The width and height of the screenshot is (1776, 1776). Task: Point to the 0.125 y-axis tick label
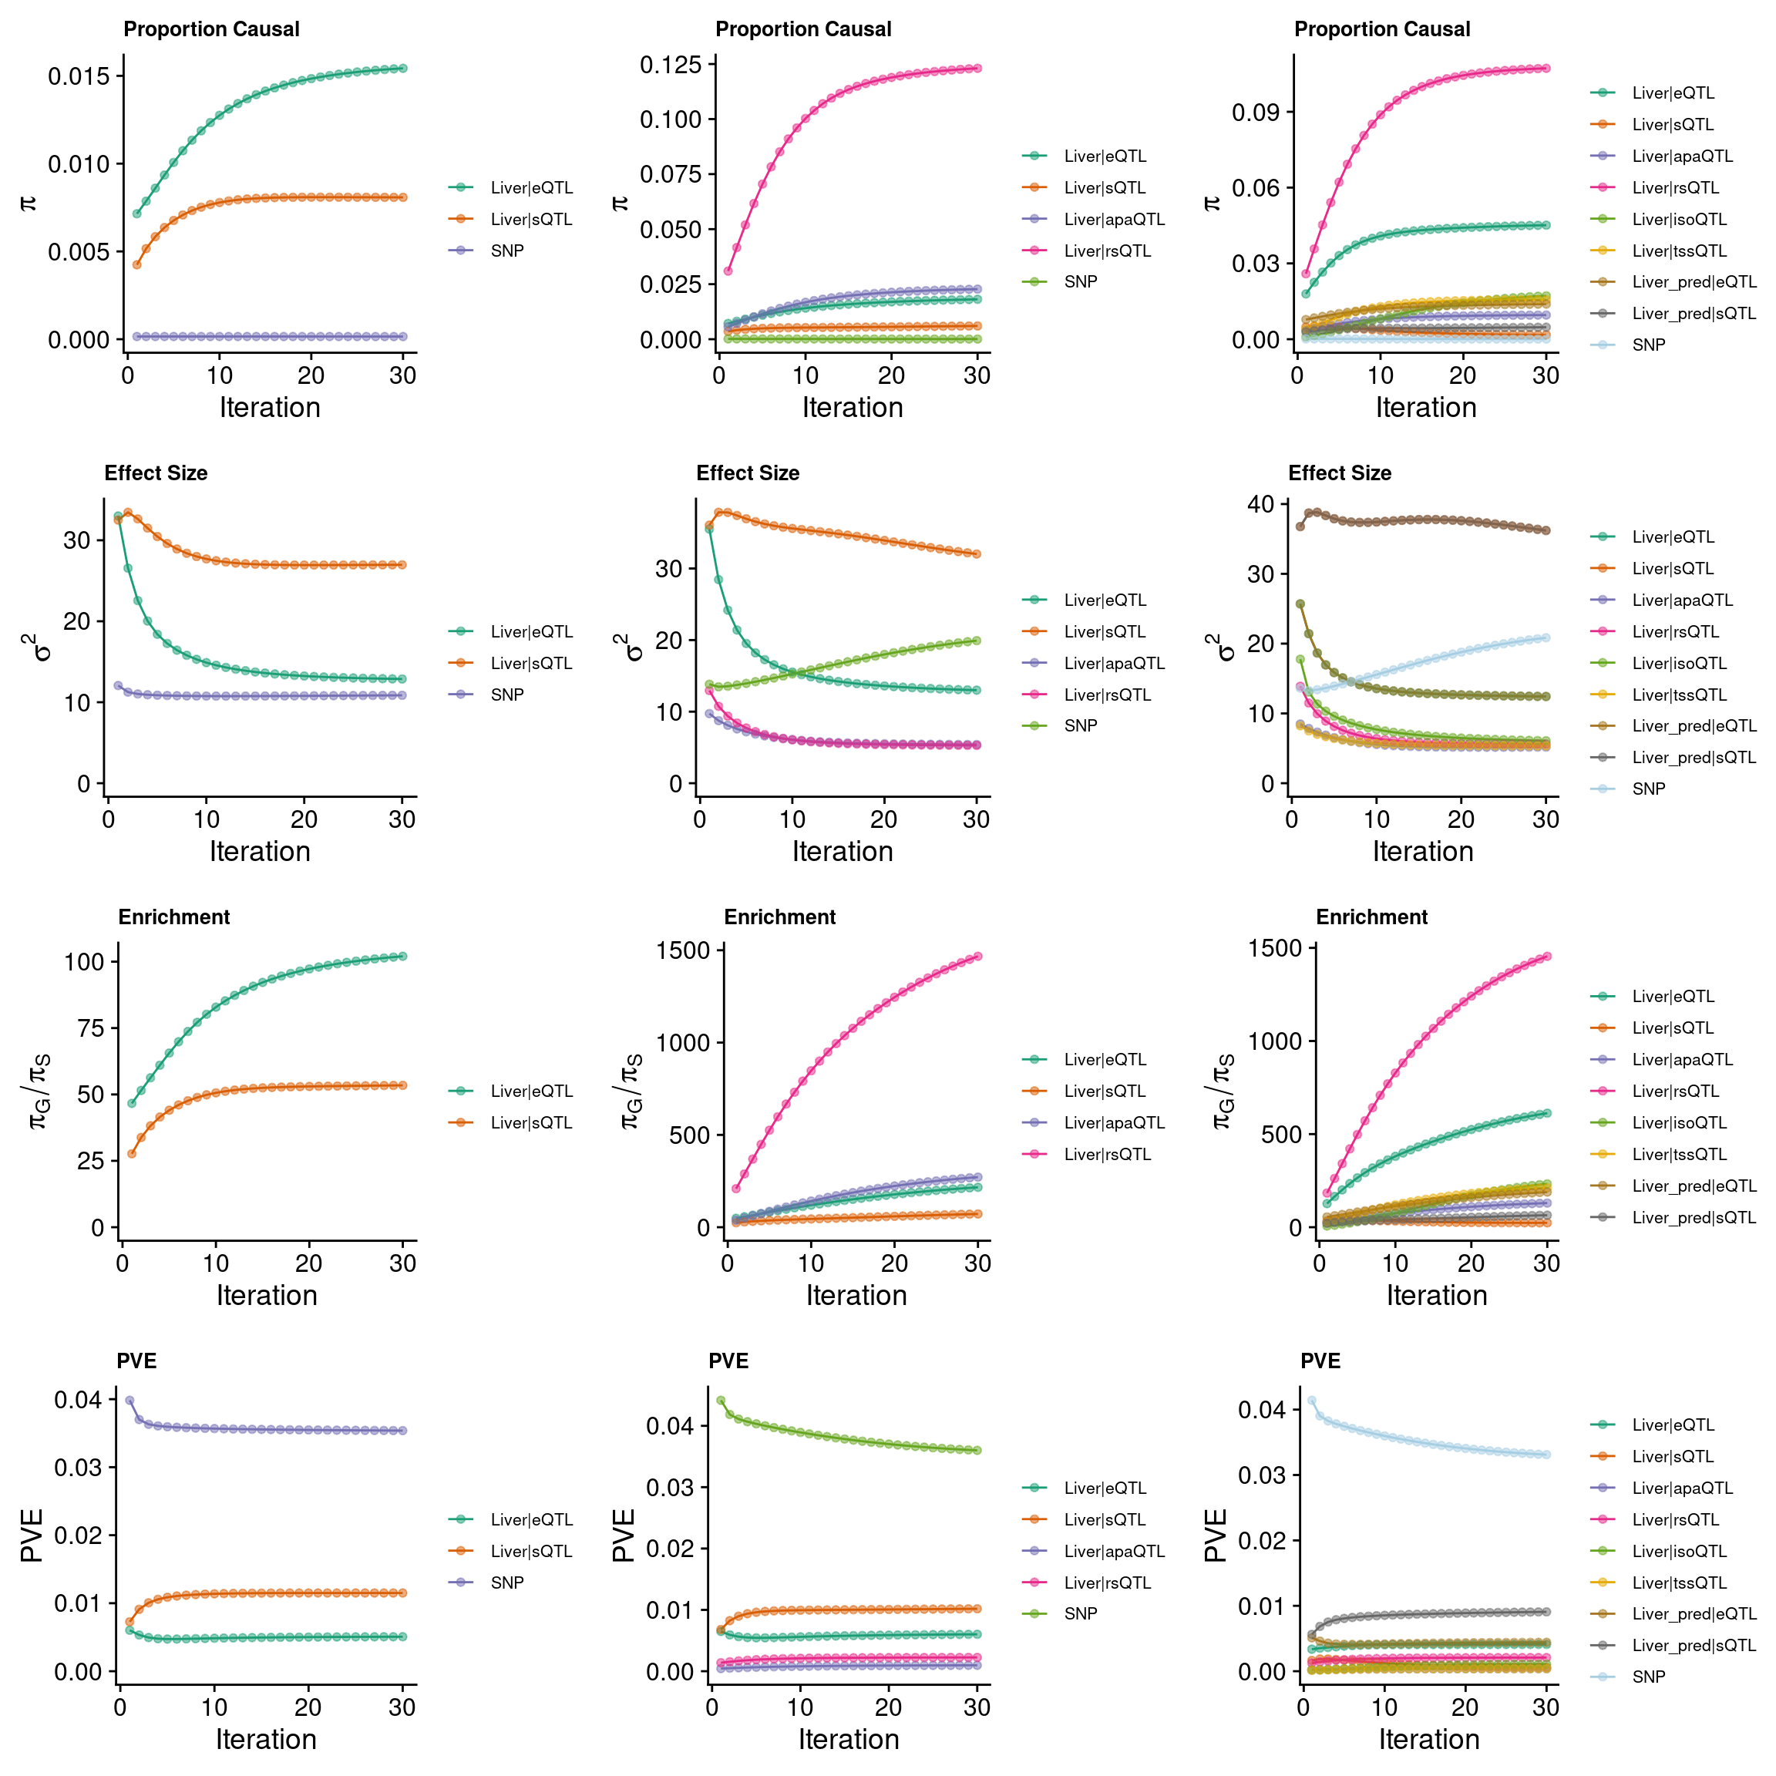670,64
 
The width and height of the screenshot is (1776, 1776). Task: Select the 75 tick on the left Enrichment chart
90,1028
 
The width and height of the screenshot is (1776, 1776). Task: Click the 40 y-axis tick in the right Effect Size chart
1260,504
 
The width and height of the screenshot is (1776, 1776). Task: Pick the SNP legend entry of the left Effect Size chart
506,695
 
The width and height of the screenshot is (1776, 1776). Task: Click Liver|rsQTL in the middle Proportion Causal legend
1107,251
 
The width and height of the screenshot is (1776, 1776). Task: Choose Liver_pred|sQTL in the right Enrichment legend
1694,1217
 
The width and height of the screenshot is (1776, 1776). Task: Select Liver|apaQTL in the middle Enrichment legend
1114,1122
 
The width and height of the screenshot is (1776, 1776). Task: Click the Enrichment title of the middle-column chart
779,917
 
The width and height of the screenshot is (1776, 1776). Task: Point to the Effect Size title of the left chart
156,473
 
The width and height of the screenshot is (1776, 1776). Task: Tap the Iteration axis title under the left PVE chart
266,1738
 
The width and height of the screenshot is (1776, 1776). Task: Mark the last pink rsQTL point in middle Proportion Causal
977,68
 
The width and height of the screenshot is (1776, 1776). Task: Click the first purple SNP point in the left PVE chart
129,1400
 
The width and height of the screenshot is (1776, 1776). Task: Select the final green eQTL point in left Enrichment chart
402,956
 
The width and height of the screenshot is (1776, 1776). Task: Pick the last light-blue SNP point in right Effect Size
1546,637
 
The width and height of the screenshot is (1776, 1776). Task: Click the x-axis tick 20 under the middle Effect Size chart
883,820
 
